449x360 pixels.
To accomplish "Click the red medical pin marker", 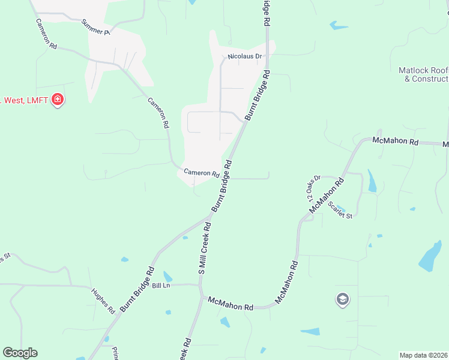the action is point(58,99).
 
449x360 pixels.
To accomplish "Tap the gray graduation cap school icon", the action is point(342,299).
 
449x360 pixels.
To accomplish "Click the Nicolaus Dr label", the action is point(245,57).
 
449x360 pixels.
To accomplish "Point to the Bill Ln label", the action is point(161,286).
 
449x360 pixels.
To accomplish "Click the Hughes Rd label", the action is point(103,301).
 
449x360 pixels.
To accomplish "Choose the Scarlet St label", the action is point(340,209).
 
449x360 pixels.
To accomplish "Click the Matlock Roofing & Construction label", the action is point(424,74).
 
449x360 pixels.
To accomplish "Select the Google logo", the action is point(20,352).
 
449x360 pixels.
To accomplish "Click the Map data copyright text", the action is point(424,355).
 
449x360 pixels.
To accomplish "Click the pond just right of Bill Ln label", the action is point(168,277).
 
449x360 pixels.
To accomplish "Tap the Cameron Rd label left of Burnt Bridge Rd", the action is point(201,173).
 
